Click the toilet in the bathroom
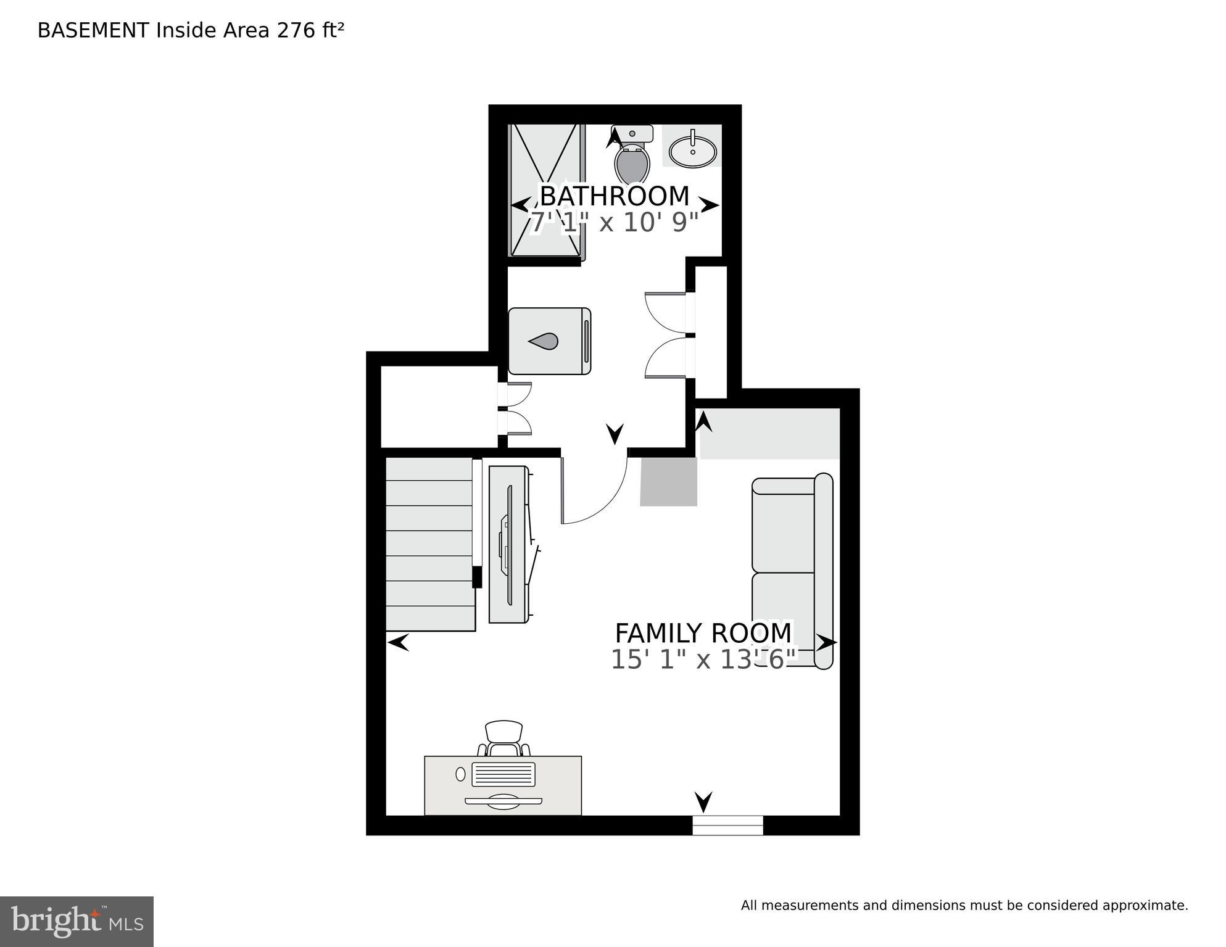[x=632, y=154]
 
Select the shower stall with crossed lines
[x=546, y=190]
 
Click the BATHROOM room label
[x=615, y=196]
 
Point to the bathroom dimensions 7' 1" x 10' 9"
[x=615, y=222]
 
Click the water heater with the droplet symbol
[x=549, y=341]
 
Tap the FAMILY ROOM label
[x=703, y=633]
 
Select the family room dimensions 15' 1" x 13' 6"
[x=703, y=660]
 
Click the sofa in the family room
[x=792, y=571]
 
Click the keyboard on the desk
[x=503, y=774]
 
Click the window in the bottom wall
[x=727, y=825]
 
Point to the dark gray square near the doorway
[x=669, y=482]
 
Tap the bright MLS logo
[x=77, y=922]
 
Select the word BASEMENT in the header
[x=93, y=30]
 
